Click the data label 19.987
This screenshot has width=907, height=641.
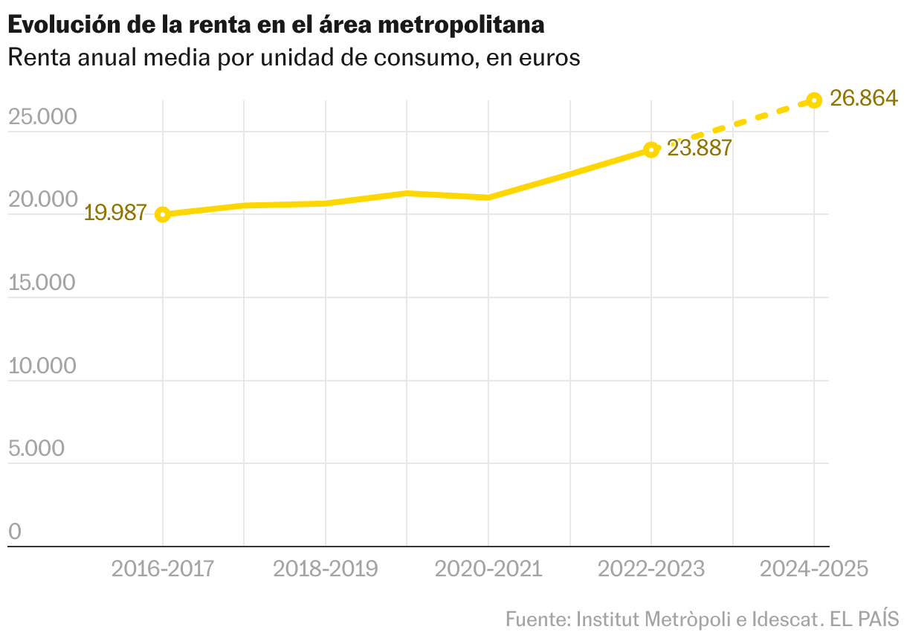point(115,213)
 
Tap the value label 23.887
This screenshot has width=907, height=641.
point(700,148)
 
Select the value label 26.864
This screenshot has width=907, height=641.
point(864,98)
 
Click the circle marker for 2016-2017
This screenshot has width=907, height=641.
point(163,215)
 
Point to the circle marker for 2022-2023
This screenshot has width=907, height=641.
point(651,150)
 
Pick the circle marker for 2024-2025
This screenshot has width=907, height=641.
point(814,100)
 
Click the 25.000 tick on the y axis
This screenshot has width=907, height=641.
point(42,117)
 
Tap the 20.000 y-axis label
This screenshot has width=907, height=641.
point(43,199)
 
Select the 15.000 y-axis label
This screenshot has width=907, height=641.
point(42,283)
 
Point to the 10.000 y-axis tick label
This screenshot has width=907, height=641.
point(42,366)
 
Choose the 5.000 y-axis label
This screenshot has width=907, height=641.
point(36,448)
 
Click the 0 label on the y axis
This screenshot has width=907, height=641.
point(15,532)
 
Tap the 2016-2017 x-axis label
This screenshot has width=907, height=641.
point(163,570)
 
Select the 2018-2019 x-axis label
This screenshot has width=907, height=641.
point(326,570)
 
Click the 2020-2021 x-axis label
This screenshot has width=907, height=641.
point(488,570)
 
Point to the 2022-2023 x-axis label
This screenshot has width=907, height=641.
point(651,570)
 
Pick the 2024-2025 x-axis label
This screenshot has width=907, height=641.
point(814,570)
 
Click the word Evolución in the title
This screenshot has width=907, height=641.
point(64,25)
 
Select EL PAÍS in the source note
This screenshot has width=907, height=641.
point(864,619)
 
